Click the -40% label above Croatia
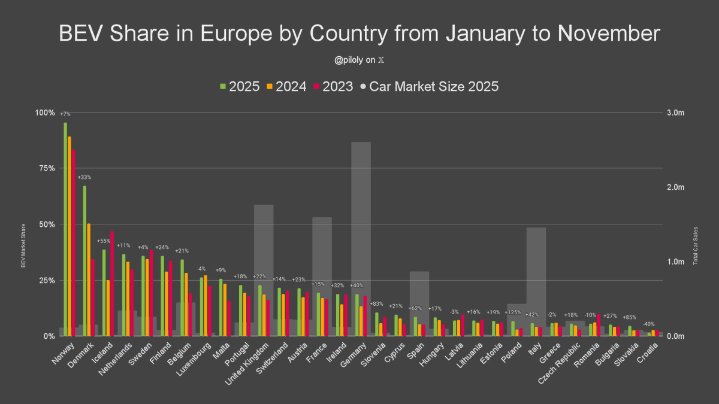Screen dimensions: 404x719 649,324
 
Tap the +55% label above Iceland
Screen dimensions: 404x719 104,241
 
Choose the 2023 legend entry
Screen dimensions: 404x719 333,86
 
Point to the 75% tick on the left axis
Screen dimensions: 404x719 47,169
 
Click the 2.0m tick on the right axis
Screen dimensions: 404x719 676,187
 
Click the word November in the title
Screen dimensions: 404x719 609,34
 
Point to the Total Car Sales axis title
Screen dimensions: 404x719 696,246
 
